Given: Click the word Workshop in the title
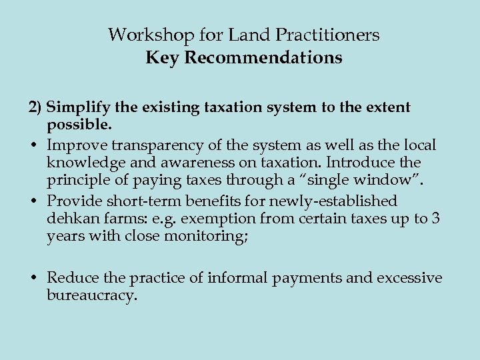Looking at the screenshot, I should point(141,34).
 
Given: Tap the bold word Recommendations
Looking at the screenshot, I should point(263,58).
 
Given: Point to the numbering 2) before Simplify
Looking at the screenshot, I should point(36,107).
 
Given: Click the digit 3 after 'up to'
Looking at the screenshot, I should point(435,219).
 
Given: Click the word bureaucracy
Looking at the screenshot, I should point(92,296).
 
